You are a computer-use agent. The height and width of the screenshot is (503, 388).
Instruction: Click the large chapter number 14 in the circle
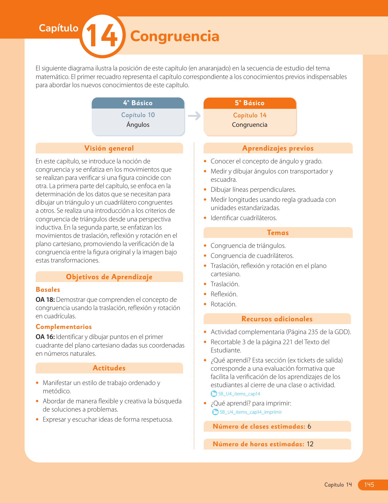pyautogui.click(x=102, y=36)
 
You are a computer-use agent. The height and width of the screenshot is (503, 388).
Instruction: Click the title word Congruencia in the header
pyautogui.click(x=175, y=36)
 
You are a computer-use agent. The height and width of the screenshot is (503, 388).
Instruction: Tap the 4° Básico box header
pyautogui.click(x=138, y=103)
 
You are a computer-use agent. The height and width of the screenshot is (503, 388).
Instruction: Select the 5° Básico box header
pyautogui.click(x=250, y=103)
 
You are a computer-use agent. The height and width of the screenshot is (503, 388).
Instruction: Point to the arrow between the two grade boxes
pyautogui.click(x=194, y=116)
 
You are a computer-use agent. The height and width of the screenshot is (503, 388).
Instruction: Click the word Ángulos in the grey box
pyautogui.click(x=138, y=125)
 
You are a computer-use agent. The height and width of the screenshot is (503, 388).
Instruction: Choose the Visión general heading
pyautogui.click(x=109, y=148)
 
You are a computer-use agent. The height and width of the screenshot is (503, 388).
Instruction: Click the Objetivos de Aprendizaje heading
pyautogui.click(x=109, y=277)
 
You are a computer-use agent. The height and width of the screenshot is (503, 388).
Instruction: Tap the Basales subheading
pyautogui.click(x=48, y=290)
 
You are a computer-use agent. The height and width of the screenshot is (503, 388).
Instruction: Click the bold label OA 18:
pyautogui.click(x=45, y=300)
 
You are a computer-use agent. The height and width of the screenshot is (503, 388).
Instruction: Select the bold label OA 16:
pyautogui.click(x=45, y=337)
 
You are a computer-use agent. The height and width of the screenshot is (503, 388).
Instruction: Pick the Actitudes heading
pyautogui.click(x=109, y=368)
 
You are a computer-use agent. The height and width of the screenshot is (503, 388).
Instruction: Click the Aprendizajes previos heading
pyautogui.click(x=278, y=148)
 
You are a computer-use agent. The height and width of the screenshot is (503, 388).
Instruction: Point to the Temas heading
pyautogui.click(x=278, y=233)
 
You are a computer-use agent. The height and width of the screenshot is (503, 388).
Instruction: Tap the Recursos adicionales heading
pyautogui.click(x=277, y=319)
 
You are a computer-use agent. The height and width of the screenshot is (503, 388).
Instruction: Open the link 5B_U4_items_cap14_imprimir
pyautogui.click(x=251, y=412)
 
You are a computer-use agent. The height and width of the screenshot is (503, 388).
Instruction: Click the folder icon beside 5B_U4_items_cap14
pyautogui.click(x=214, y=394)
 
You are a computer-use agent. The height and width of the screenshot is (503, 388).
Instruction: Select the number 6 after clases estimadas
pyautogui.click(x=309, y=426)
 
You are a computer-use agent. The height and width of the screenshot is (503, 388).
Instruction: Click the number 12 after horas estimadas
pyautogui.click(x=310, y=444)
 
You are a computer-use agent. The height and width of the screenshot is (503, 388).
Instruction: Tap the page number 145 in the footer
pyautogui.click(x=369, y=485)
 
